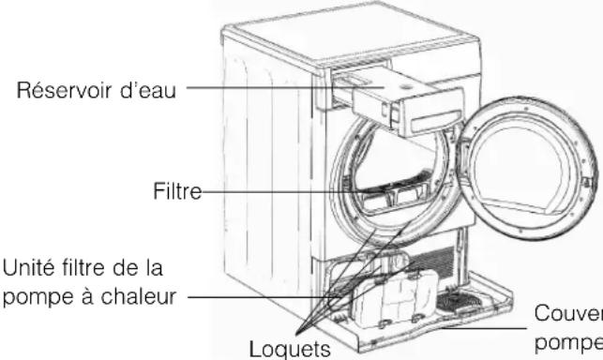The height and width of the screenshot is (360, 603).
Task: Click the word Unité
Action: pos(25,270)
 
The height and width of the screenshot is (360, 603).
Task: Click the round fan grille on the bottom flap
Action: pos(466,302)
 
